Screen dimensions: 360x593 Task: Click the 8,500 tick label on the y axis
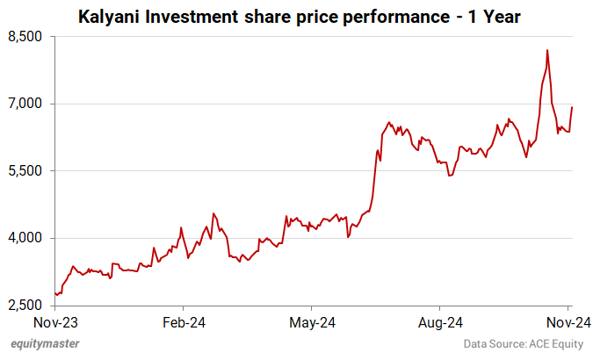(25, 37)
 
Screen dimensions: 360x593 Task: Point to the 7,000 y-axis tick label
(25, 104)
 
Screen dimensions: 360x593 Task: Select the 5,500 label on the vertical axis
(25, 171)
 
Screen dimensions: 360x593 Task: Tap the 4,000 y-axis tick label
(25, 238)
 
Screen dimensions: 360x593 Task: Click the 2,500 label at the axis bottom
(25, 306)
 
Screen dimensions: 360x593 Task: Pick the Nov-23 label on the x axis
(55, 321)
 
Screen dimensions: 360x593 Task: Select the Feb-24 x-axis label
(184, 321)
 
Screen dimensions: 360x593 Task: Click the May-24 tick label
(312, 321)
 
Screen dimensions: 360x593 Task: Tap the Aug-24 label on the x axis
(439, 321)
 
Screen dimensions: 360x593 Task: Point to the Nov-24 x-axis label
(568, 321)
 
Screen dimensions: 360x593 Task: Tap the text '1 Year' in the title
(495, 16)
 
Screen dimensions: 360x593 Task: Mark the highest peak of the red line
(547, 50)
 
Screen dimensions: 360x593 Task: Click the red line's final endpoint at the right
(572, 107)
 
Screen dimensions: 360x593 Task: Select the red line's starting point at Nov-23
(55, 293)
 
